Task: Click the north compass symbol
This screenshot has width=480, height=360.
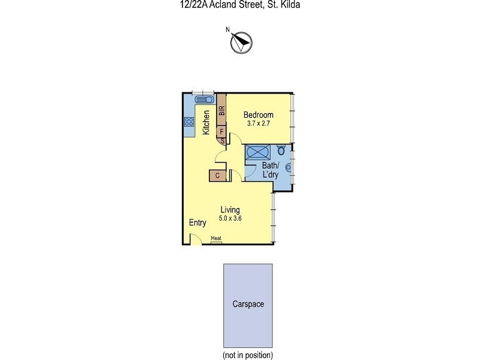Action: pos(241,41)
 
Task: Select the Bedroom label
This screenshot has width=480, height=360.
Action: pos(259,115)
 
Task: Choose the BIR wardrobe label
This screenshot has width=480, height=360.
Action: pos(221,110)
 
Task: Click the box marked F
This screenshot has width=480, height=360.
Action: pos(221,131)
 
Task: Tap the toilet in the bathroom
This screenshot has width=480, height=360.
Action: pos(282,151)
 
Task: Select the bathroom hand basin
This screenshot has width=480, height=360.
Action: pos(289,168)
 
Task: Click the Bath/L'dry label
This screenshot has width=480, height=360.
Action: pos(270,169)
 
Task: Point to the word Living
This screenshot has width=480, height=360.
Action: pos(230,210)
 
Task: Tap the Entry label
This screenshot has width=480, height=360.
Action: pos(198,223)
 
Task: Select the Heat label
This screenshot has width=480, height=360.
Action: pos(216,238)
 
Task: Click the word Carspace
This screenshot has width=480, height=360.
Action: pos(248,304)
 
